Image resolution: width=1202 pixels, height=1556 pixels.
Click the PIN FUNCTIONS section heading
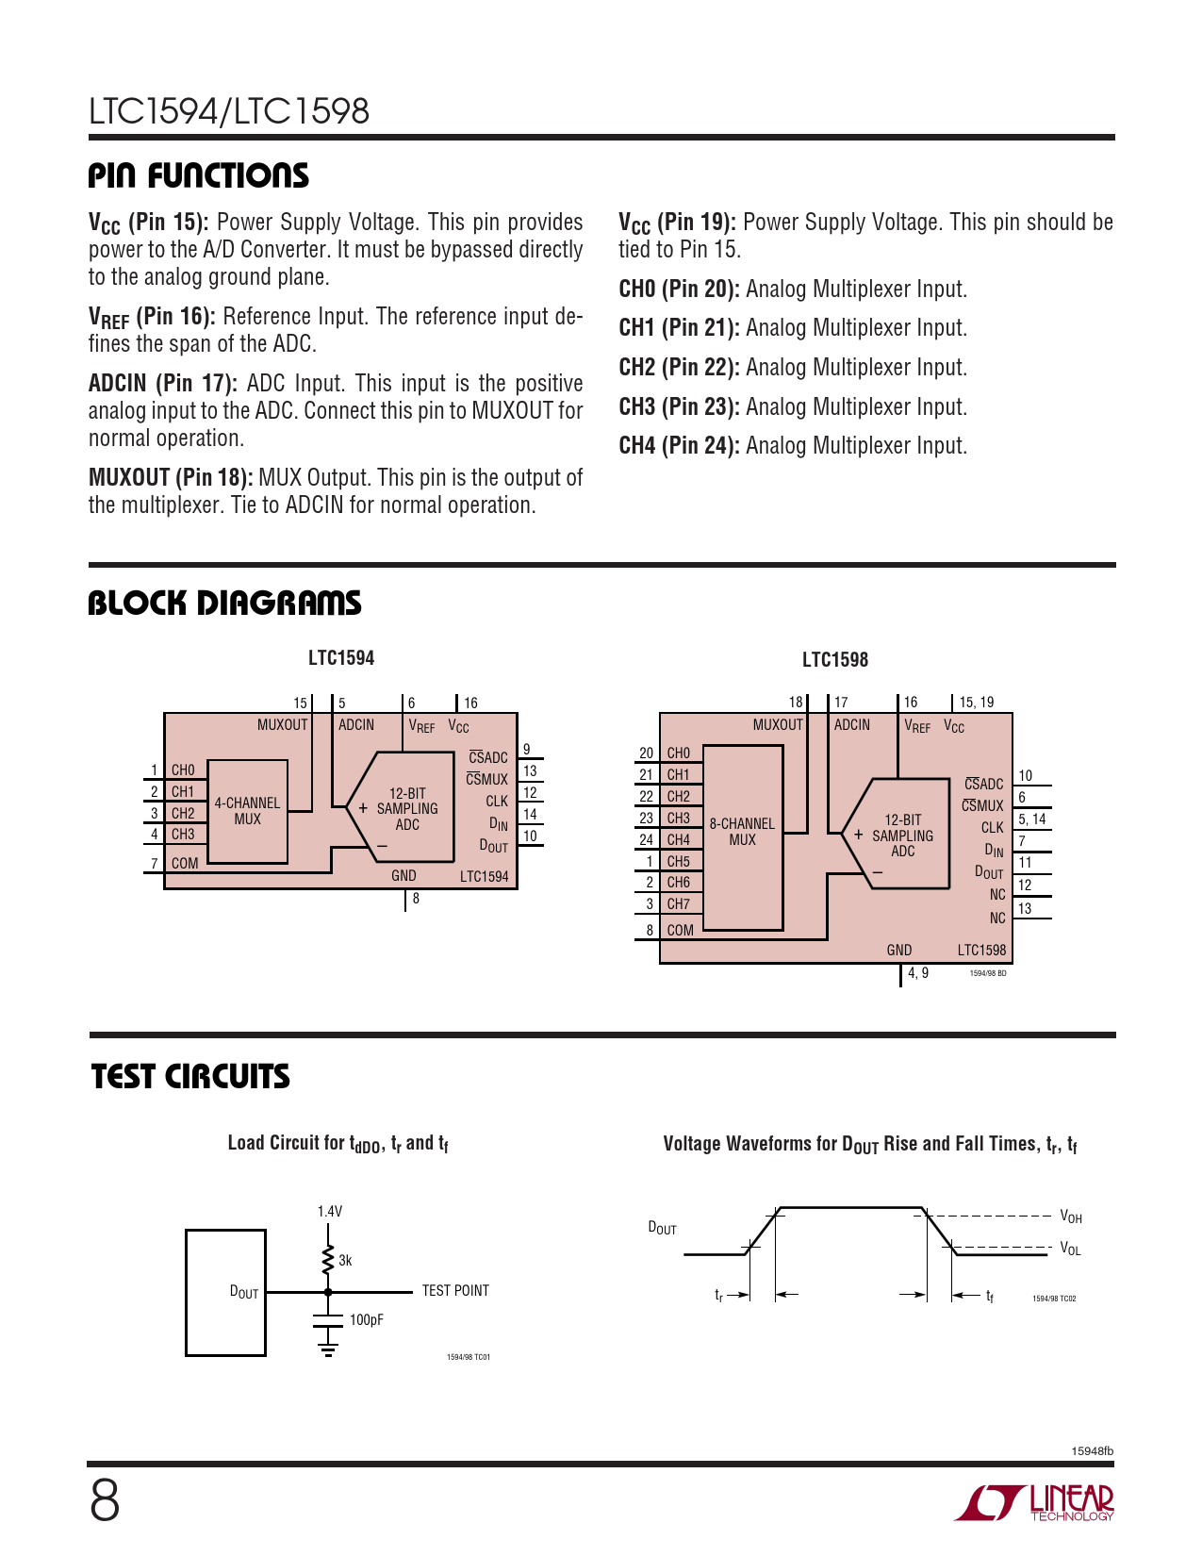click(x=198, y=176)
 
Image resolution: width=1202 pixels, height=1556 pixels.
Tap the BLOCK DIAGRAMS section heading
click(x=224, y=604)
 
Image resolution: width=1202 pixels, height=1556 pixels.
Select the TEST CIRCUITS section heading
click(x=190, y=1077)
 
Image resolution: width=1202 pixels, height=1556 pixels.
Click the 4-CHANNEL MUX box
click(x=247, y=811)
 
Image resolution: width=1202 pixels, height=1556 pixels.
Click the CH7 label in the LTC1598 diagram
click(x=679, y=904)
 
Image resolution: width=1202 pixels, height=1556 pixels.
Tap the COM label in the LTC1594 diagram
click(x=185, y=864)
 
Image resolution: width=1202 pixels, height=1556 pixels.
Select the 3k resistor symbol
click(x=328, y=1260)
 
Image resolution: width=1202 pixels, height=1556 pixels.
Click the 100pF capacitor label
click(x=367, y=1320)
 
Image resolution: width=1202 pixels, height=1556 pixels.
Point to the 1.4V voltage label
click(x=330, y=1212)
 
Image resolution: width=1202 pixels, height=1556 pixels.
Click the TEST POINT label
click(x=455, y=1291)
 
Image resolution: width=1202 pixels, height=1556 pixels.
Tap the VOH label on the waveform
click(x=1071, y=1217)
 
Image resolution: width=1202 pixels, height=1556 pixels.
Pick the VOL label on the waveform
click(x=1071, y=1250)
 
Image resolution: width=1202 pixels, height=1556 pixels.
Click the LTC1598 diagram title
click(x=835, y=660)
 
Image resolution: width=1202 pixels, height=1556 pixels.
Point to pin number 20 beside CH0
click(x=646, y=753)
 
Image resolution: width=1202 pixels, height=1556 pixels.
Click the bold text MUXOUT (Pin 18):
click(x=171, y=478)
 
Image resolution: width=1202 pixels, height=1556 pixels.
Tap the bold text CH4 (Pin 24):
click(x=679, y=446)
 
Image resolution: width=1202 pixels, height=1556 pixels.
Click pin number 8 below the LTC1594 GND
click(x=416, y=899)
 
